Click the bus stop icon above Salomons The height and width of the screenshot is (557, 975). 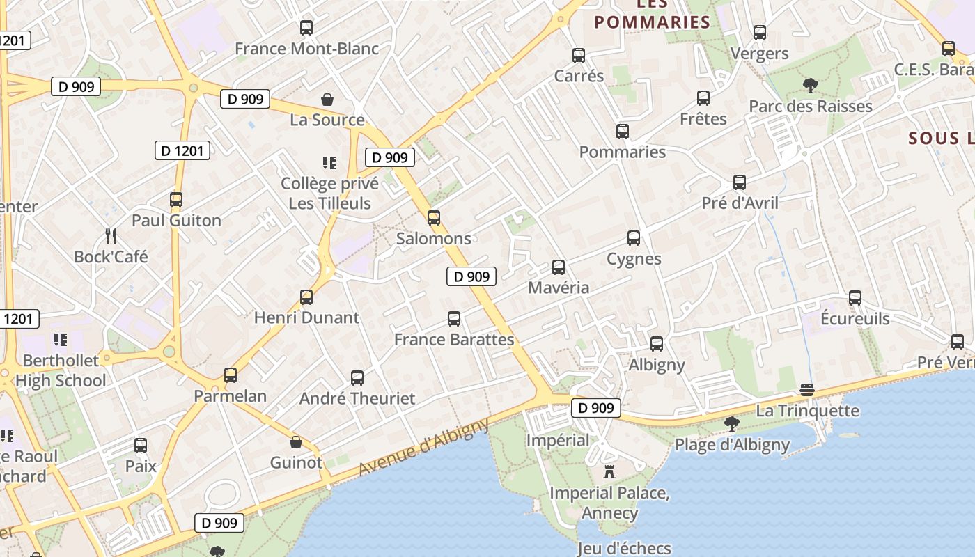coord(434,218)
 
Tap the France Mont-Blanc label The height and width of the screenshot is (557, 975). coord(306,49)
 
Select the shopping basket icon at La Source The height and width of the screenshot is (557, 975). coord(327,100)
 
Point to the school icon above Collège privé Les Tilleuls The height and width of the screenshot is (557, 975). coord(329,163)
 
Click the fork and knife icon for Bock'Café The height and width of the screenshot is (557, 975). coord(111,235)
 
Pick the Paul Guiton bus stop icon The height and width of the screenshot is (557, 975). coord(176,200)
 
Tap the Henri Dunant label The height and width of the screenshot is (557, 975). coord(306,318)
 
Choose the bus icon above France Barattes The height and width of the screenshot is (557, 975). coord(454,319)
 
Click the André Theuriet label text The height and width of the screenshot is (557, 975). coord(357,399)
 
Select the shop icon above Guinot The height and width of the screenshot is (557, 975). coord(296,442)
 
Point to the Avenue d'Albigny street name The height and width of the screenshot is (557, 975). coord(424,448)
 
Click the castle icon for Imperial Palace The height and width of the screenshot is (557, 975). coord(609,472)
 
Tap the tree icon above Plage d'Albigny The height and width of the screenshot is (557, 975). coord(732,424)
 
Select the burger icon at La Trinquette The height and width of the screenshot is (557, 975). coord(807,390)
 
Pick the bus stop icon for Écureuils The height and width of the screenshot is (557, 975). coord(855,298)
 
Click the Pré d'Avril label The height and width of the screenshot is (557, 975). coord(740,203)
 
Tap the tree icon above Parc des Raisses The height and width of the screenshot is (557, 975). coord(810,86)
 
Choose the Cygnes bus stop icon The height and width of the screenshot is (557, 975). coord(634,238)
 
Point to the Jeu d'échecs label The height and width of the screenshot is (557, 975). coord(624,549)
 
